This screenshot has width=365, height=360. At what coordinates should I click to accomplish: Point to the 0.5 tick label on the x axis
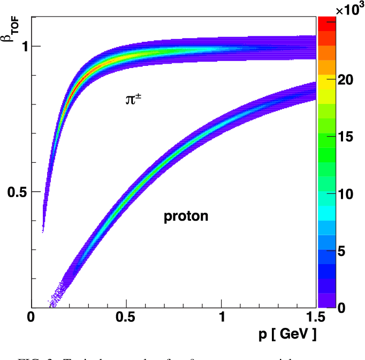tap(126, 318)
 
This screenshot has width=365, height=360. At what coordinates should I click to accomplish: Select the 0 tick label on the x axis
tap(32, 318)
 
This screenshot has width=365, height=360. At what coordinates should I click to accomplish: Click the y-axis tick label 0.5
tap(17, 192)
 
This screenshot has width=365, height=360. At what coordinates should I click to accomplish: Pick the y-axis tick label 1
tap(24, 46)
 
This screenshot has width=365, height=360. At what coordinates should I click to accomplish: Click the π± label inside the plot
tap(134, 99)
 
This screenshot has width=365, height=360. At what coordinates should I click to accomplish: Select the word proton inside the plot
tap(186, 216)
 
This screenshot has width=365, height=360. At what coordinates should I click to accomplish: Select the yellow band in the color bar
tap(326, 79)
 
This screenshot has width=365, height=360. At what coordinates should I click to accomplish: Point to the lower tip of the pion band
tap(43, 229)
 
